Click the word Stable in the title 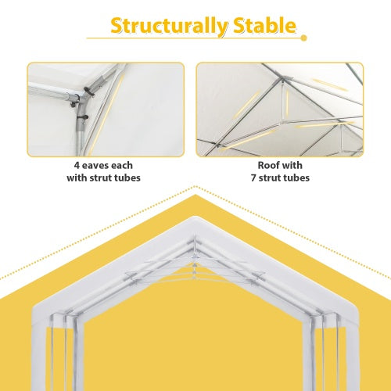(x=255, y=25)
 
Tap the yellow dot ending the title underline (x=304, y=37)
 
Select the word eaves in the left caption (x=96, y=166)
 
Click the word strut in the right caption (x=274, y=178)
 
